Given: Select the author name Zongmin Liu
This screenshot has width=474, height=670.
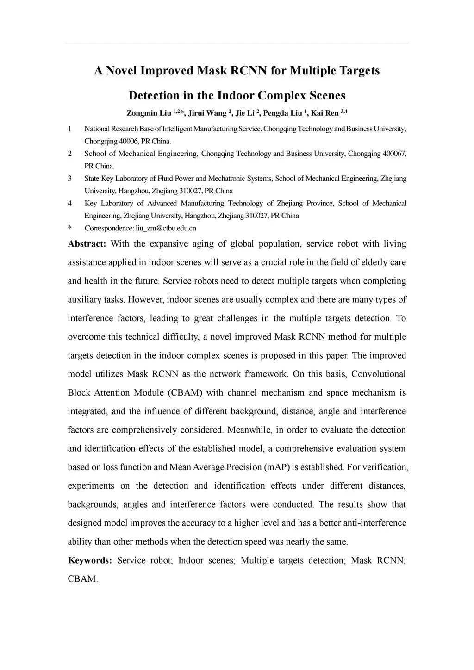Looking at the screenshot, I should pos(149,113).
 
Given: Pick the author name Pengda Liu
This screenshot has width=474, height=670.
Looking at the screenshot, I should pos(282,113).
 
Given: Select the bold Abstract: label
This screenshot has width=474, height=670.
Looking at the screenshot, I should pos(87,244).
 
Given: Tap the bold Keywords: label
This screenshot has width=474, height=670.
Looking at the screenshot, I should pos(90,561).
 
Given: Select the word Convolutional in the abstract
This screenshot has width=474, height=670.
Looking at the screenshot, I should pos(379,374).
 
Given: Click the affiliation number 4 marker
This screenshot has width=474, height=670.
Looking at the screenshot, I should pos(70,203).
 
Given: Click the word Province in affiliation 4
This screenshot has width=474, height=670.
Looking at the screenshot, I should pos(318,203).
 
